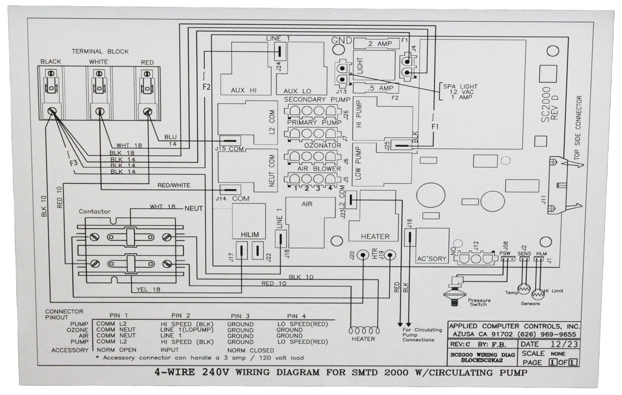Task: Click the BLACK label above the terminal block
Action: pyautogui.click(x=51, y=61)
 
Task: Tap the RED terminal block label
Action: pyautogui.click(x=147, y=62)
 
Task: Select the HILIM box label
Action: pyautogui.click(x=248, y=235)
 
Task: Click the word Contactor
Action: pyautogui.click(x=95, y=211)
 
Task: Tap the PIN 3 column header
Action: pyautogui.click(x=240, y=315)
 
